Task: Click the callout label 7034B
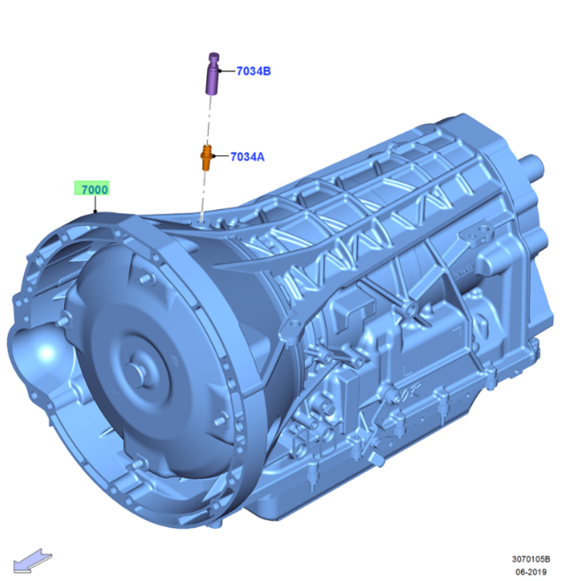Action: [x=253, y=72]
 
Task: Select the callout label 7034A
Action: [x=248, y=156]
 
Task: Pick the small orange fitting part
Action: [x=206, y=161]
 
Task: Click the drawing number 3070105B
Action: [x=531, y=558]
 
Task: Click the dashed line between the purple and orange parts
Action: [x=210, y=119]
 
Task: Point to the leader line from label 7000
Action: [x=96, y=207]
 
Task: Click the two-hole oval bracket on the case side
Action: [x=483, y=233]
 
